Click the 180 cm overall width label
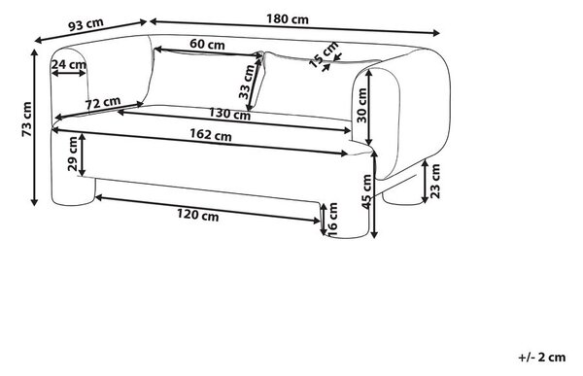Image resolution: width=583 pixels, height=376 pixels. pyautogui.click(x=288, y=18)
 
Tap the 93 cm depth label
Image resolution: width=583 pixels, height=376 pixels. pyautogui.click(x=86, y=24)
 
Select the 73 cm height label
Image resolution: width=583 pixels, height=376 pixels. pyautogui.click(x=27, y=119)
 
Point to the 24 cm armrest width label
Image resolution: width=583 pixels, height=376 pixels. pyautogui.click(x=69, y=64)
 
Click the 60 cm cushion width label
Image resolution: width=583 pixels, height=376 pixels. pyautogui.click(x=207, y=45)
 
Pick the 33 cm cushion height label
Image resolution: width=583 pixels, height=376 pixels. pyautogui.click(x=246, y=82)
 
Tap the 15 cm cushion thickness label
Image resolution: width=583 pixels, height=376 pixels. pyautogui.click(x=324, y=54)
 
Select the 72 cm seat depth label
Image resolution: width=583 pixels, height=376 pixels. pyautogui.click(x=103, y=103)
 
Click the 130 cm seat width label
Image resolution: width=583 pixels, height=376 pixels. pyautogui.click(x=229, y=114)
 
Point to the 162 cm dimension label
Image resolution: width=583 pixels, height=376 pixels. pyautogui.click(x=211, y=135)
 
